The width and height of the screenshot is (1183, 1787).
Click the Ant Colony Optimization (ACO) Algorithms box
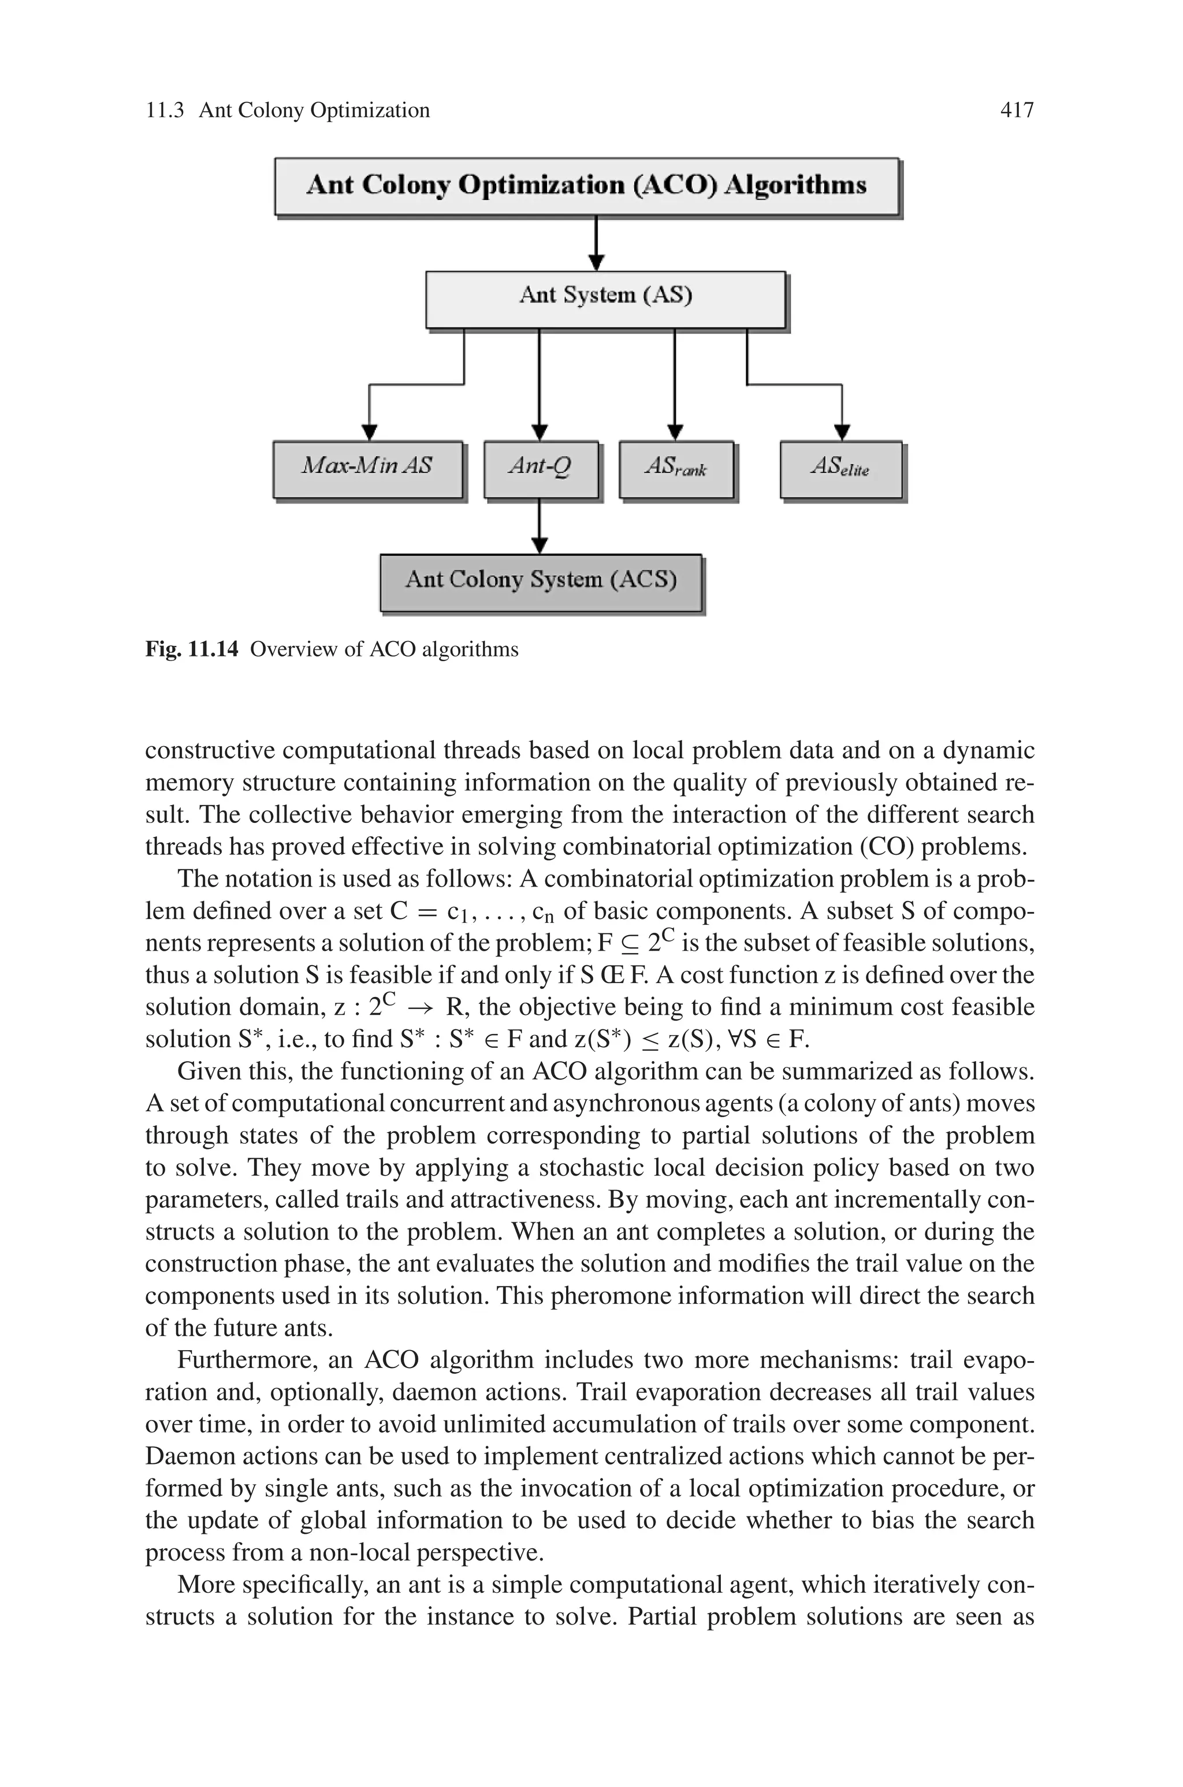coord(586,186)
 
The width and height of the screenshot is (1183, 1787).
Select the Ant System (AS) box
coord(605,299)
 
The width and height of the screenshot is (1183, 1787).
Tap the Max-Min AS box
coord(367,469)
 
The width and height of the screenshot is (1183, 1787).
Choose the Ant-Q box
coord(540,469)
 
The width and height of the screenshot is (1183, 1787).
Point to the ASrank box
coord(676,469)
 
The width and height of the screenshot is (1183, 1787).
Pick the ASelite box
coord(840,469)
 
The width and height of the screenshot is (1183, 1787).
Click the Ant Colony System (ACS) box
coord(540,582)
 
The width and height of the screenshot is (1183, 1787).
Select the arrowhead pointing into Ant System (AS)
coord(596,262)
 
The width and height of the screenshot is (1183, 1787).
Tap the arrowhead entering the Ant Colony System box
coord(540,545)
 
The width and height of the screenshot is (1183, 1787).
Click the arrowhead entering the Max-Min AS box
coord(369,432)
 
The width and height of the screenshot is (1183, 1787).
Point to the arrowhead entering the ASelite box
coord(842,432)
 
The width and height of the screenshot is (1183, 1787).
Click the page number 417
coord(1016,110)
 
